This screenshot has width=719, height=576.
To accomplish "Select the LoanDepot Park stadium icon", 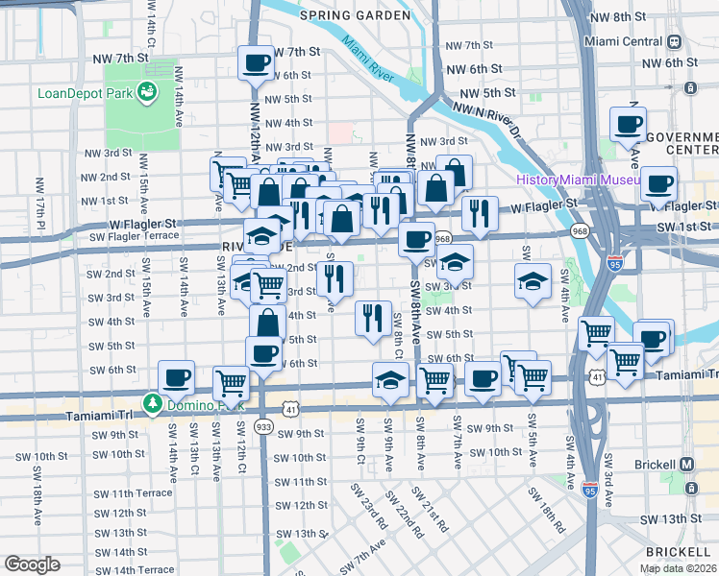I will [x=148, y=92].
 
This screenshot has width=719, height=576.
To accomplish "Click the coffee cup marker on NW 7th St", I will [x=256, y=63].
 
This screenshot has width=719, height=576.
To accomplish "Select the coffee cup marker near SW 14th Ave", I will [x=176, y=378].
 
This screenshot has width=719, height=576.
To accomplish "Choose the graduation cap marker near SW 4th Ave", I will [x=532, y=281].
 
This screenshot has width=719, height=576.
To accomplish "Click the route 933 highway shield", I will [x=264, y=425].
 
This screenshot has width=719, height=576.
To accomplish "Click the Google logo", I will [x=32, y=564].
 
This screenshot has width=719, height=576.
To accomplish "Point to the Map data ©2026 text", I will [x=678, y=568].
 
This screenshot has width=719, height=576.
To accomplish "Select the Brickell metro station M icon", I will [x=686, y=464].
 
